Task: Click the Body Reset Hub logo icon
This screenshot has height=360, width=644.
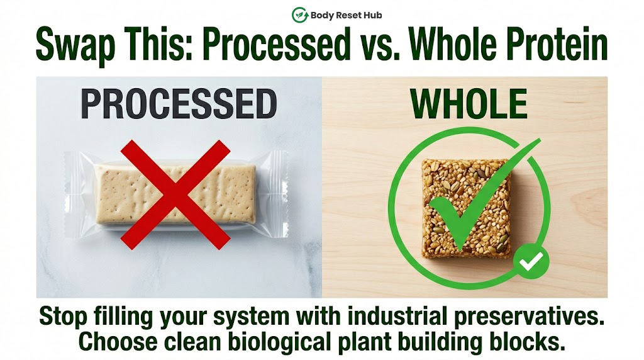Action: [x=300, y=15]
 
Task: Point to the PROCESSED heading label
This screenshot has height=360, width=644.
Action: [x=179, y=104]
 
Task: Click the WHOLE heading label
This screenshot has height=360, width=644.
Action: [x=469, y=104]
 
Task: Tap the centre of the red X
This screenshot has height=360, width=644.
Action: [x=175, y=194]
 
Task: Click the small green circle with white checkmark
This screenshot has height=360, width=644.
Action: [x=531, y=262]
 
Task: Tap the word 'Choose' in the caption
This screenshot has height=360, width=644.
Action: [x=118, y=342]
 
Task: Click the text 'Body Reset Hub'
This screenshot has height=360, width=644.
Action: [x=347, y=15]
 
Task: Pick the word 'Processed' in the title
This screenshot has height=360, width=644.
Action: [x=277, y=43]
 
